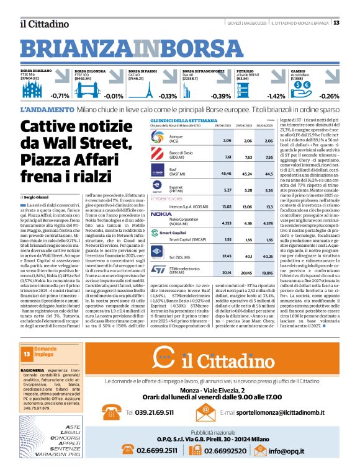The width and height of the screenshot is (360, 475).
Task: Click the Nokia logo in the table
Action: click(161, 213)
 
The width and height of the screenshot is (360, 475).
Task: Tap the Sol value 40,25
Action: click(268, 255)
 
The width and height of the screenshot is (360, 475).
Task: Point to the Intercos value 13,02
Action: click(227, 206)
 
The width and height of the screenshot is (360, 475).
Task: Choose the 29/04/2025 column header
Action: click(248, 126)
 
